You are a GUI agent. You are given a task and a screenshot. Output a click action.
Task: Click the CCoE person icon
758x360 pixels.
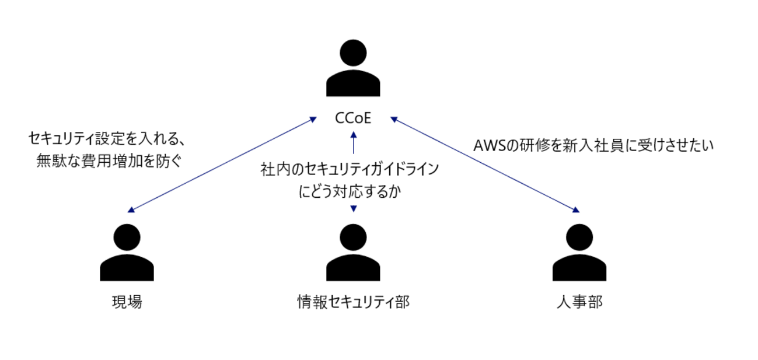point(353,68)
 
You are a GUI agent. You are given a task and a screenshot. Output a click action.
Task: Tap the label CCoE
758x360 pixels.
point(353,119)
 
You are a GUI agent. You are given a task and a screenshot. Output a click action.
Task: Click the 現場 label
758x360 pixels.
point(127,302)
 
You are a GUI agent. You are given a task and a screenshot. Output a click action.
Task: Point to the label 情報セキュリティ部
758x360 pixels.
point(353,302)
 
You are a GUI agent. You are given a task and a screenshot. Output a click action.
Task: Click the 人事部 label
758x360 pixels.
point(579,302)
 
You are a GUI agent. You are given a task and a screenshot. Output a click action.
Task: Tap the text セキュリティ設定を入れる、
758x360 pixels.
point(107,139)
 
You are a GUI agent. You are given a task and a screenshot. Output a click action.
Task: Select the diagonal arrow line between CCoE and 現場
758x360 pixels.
point(222,164)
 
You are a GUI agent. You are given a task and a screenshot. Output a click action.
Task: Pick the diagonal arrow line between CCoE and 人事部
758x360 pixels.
point(484,164)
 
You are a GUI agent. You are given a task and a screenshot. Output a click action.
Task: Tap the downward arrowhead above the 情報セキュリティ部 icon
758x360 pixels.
point(353,208)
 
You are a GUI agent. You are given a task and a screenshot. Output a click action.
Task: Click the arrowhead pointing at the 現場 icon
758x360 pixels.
point(131,210)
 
